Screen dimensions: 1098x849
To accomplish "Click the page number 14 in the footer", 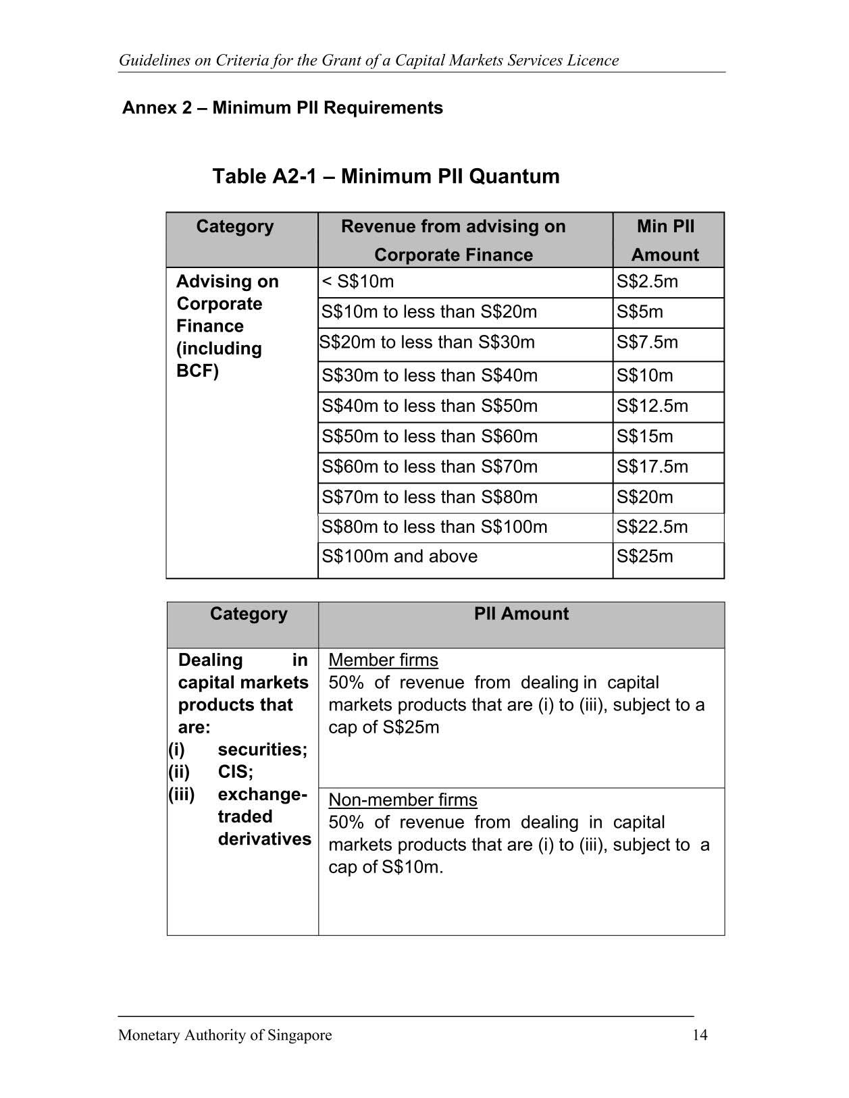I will tap(700, 1035).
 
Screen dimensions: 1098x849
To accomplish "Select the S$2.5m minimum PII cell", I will tap(646, 282).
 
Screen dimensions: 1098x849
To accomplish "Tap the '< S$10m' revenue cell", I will tap(358, 282).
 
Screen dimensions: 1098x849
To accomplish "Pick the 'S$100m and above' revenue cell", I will tap(399, 556).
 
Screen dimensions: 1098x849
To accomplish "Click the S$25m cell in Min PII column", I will tap(644, 556).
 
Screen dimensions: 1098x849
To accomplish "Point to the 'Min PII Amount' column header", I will tap(665, 240).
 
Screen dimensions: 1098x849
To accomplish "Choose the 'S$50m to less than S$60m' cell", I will tap(430, 436).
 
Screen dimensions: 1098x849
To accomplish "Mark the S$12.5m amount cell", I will tap(652, 406).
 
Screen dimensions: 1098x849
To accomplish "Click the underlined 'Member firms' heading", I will tap(383, 660).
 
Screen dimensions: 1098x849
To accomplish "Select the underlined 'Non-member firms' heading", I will tap(403, 800).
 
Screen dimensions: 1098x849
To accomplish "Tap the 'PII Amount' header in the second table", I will tap(521, 614).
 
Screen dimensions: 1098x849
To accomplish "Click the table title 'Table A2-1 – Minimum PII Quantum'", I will tap(386, 176).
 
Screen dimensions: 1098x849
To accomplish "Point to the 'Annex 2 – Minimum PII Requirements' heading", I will tap(282, 108).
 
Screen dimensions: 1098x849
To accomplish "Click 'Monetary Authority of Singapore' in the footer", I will tap(225, 1035).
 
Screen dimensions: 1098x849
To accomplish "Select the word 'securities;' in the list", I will tap(262, 750).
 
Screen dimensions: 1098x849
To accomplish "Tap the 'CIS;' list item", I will tap(235, 772).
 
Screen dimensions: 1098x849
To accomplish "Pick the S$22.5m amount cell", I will tap(652, 527).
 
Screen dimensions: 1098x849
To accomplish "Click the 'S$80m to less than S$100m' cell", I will tap(434, 527).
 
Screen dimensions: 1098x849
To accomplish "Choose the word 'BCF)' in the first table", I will tap(197, 371).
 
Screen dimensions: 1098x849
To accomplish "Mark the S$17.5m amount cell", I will tap(652, 467).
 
